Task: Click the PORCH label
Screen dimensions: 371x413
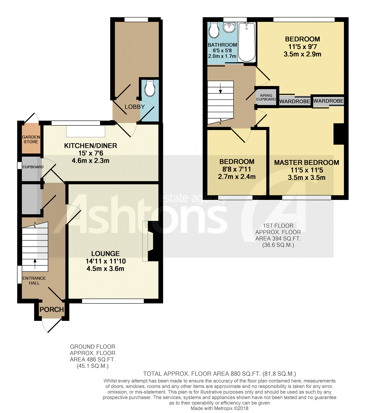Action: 52,309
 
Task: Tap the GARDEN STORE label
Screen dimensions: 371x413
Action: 31,139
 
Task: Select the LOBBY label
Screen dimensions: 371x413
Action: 135,107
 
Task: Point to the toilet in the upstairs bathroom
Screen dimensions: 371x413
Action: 214,30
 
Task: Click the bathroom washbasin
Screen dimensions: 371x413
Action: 229,27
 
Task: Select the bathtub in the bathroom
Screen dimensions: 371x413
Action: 247,42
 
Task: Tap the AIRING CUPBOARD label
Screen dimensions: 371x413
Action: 266,97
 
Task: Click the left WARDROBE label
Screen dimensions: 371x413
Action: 295,101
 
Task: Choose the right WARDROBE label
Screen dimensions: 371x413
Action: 328,101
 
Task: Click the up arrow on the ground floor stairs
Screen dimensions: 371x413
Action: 35,264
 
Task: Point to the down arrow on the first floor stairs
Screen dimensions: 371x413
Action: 220,88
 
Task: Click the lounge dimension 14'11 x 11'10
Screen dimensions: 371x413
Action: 106,261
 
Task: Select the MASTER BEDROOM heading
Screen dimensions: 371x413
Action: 307,163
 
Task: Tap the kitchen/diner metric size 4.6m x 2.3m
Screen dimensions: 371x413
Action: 90,161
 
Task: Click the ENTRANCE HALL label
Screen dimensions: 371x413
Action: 34,281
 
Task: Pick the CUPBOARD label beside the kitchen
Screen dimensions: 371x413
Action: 33,167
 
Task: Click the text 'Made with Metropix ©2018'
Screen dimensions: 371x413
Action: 220,408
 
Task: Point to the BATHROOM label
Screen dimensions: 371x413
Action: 222,45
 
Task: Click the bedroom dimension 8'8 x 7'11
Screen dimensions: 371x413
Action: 237,169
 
